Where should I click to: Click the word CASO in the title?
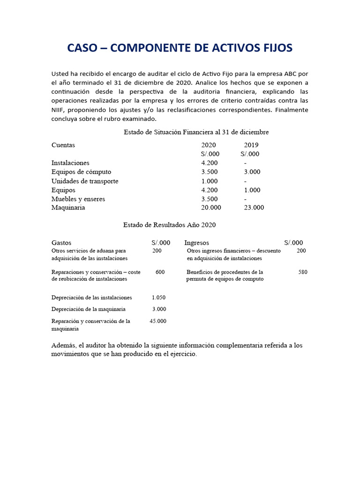(x=82, y=48)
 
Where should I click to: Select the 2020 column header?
(x=209, y=145)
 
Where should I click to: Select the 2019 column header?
(x=251, y=145)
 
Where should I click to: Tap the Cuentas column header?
(x=63, y=145)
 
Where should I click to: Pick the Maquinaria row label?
(x=68, y=208)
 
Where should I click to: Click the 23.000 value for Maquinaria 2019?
(x=254, y=208)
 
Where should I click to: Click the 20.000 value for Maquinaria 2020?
(x=211, y=208)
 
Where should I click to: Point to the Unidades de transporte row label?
(x=85, y=181)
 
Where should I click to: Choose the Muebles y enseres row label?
(x=78, y=199)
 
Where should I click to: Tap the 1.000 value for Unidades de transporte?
(x=210, y=181)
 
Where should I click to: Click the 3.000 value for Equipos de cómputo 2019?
(x=252, y=172)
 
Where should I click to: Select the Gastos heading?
(x=61, y=243)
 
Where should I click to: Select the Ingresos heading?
(x=197, y=243)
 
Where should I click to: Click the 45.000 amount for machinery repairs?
(x=158, y=321)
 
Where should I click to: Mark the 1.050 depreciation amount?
(x=159, y=298)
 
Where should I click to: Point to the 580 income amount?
(x=303, y=272)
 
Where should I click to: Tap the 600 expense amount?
(x=160, y=272)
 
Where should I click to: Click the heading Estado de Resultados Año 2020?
(x=170, y=225)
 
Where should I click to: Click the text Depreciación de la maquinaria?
(x=89, y=309)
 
